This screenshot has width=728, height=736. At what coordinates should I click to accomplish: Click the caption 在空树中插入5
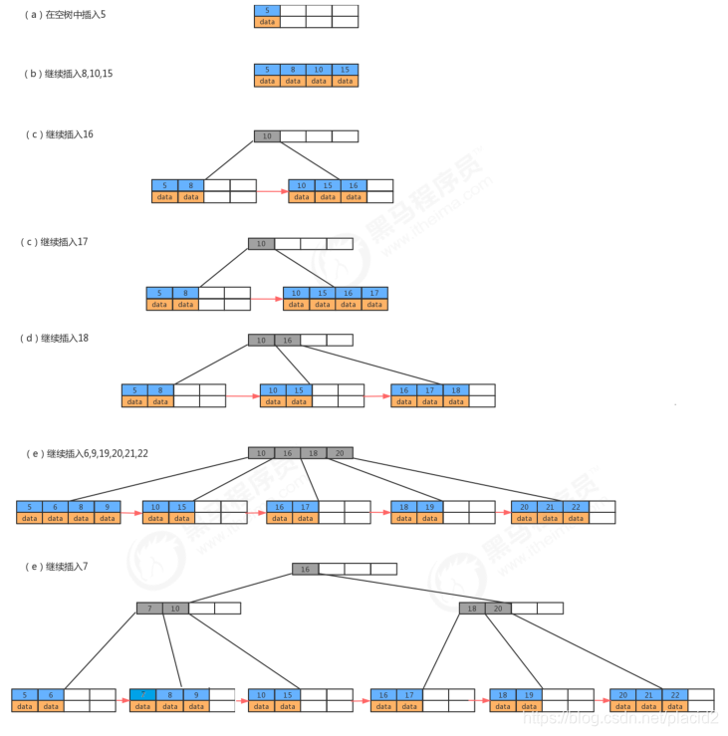pos(70,15)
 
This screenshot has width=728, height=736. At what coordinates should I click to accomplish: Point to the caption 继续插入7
pos(62,566)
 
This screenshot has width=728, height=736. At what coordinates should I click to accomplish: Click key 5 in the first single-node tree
pos(267,10)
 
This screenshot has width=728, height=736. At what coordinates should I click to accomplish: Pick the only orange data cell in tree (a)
pos(267,21)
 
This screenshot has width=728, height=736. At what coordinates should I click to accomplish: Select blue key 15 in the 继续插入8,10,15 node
pos(345,70)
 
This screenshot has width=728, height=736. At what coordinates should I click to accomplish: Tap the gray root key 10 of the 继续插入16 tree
pos(267,135)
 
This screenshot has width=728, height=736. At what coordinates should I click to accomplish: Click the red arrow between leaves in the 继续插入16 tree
pos(272,191)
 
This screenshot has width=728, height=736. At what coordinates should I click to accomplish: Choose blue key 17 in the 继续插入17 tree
pos(374,293)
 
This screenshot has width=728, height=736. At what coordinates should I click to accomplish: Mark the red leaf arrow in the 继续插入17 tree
pos(267,299)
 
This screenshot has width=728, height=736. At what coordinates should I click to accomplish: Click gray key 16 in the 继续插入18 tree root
pos(288,340)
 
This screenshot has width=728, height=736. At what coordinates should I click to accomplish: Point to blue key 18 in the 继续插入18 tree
pos(455,390)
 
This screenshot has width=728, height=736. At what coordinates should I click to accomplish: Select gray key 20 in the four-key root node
pos(340,453)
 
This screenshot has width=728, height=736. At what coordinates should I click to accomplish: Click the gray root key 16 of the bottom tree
pos(305,569)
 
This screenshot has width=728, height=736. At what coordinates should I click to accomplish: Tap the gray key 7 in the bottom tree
pos(149,608)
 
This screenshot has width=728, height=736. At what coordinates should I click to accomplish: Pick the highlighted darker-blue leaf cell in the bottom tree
pos(142,693)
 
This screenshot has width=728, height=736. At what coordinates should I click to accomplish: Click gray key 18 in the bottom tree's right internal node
pos(472,608)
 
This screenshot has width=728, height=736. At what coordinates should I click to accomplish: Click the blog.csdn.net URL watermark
pos(622,717)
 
